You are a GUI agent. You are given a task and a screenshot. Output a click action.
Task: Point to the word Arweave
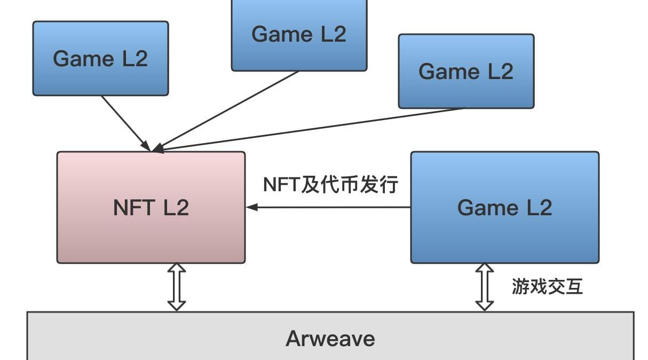tap(330, 339)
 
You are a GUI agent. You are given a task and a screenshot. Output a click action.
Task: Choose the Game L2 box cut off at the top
tap(299, 53)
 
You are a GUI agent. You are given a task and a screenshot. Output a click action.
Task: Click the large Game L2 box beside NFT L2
tap(504, 235)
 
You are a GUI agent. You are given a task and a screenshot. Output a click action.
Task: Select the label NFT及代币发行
tap(330, 185)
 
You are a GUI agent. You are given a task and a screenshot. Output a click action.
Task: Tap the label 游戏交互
tap(547, 287)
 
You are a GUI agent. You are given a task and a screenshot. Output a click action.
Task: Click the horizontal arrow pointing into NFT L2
tap(328, 207)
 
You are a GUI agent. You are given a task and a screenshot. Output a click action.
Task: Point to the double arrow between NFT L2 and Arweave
tap(177, 287)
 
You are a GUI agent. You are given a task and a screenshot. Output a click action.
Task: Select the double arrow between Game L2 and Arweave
tap(484, 287)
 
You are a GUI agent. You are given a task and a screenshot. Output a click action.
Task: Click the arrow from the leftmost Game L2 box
tap(124, 121)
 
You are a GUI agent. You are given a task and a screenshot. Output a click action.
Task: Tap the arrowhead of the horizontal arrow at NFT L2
tap(251, 207)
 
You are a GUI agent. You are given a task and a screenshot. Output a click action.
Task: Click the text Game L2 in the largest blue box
tap(504, 207)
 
